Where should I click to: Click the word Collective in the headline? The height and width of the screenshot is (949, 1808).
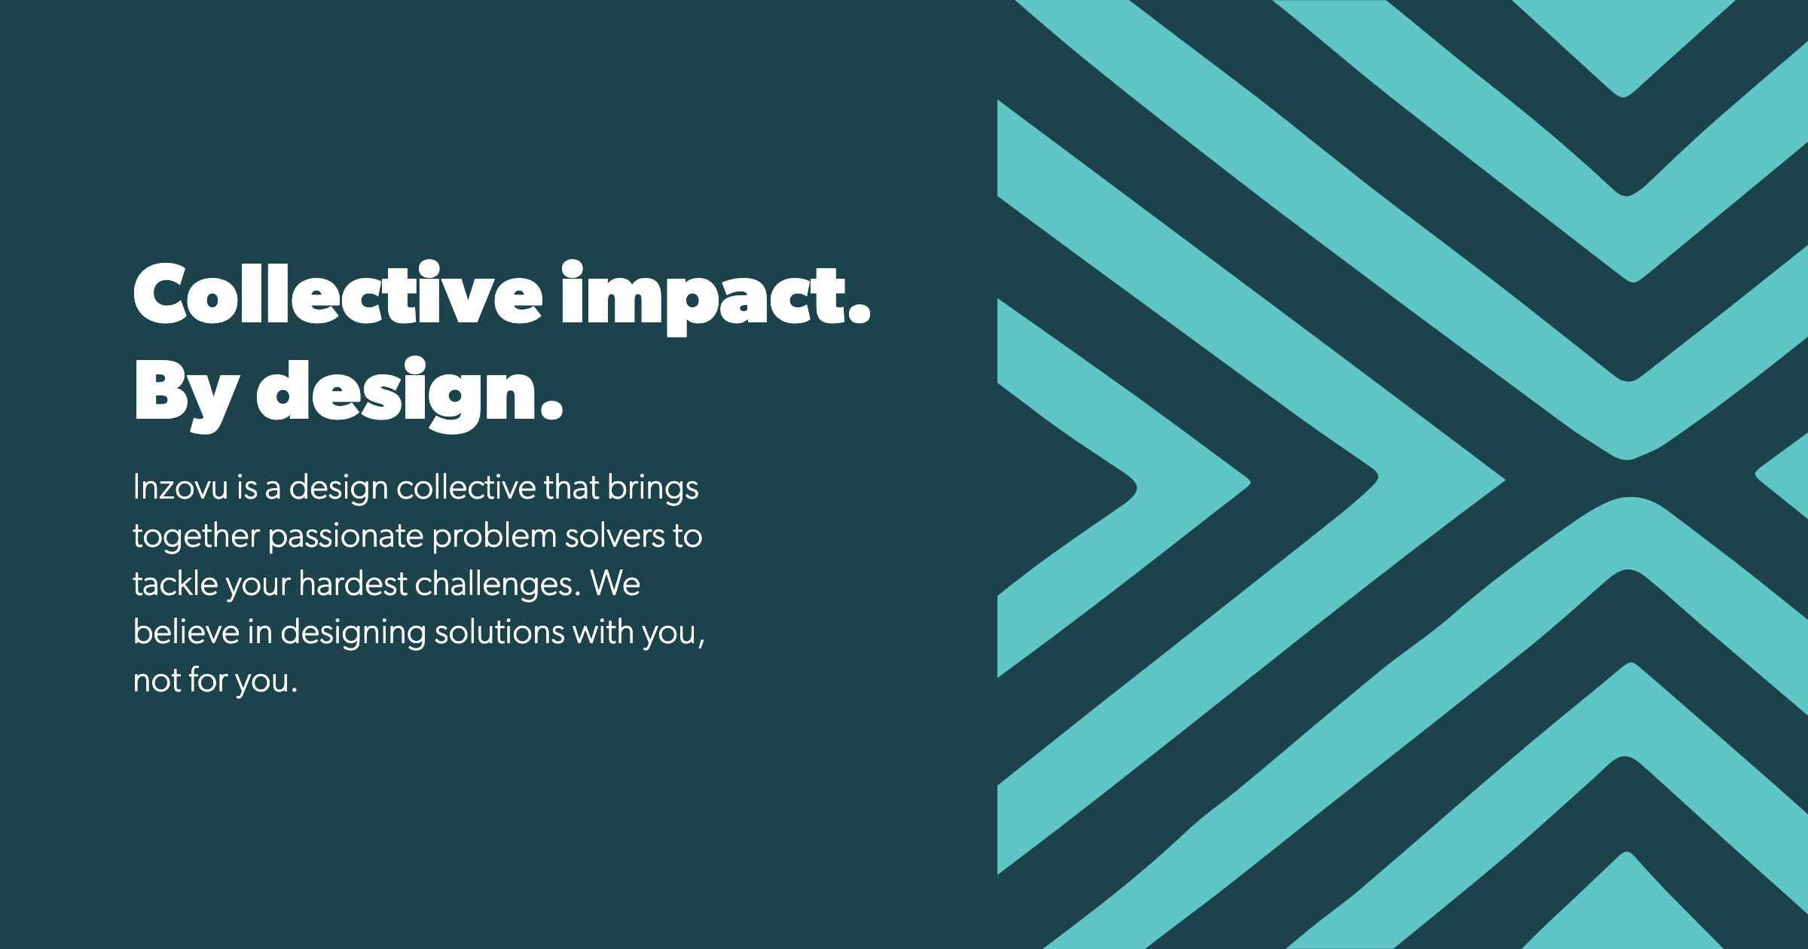(337, 293)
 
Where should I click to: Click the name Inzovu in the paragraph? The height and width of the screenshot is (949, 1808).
(180, 487)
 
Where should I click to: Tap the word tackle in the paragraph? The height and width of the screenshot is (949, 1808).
(175, 584)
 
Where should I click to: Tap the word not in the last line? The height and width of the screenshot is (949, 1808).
(156, 681)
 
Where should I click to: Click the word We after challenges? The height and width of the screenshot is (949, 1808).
(615, 584)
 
